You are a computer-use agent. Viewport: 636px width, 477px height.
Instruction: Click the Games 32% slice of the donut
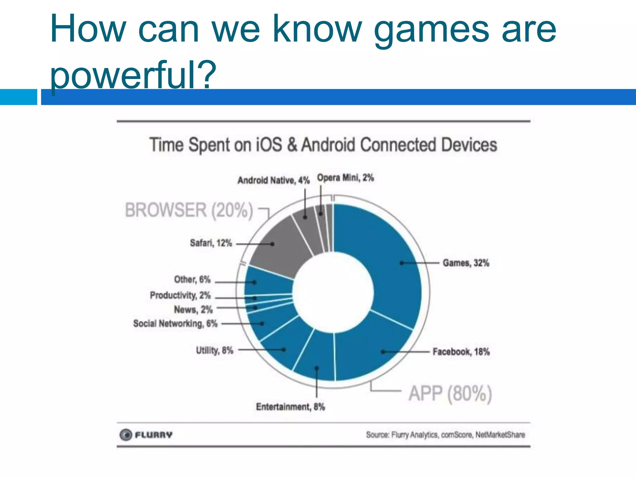394,267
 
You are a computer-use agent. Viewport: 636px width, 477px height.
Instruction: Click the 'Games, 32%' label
466,263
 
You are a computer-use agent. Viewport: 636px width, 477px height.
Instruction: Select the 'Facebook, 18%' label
461,352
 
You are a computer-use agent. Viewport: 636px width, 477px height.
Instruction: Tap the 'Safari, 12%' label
211,243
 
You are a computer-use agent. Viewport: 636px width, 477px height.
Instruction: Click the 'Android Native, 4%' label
274,180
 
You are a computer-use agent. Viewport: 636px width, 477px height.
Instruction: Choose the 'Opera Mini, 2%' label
345,178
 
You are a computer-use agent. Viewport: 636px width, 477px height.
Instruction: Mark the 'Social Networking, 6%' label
175,324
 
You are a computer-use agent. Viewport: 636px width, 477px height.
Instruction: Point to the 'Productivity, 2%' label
180,295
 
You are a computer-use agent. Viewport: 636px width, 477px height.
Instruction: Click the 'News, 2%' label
193,310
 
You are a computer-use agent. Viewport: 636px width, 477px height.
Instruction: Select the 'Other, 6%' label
192,279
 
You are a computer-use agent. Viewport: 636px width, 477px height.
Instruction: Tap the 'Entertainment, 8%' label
290,407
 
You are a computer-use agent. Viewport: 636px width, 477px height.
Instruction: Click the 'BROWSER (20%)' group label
189,210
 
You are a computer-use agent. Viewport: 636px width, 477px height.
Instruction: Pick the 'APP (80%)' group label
450,394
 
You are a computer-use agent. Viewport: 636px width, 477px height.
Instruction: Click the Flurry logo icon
126,435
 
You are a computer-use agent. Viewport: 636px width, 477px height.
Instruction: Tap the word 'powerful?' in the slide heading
133,75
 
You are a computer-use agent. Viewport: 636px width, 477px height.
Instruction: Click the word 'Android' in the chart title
328,145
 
